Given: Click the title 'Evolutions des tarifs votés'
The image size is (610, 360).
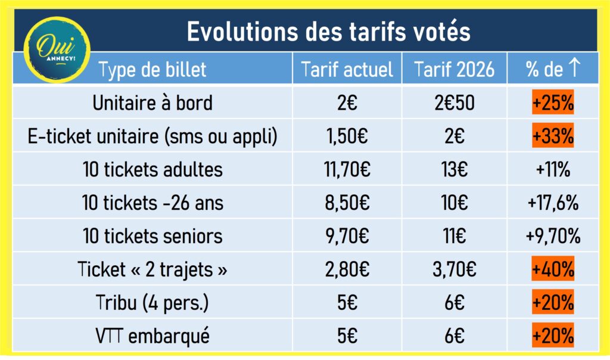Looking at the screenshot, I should pos(328,32).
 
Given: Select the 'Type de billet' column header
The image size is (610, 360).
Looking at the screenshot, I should pos(152,70).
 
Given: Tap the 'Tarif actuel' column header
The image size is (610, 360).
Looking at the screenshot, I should pos(347,70).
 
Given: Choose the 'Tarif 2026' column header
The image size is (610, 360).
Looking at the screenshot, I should pos(455,70).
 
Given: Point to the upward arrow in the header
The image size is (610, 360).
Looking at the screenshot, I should pos(574,69).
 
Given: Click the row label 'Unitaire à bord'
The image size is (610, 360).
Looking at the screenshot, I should pos(152,103).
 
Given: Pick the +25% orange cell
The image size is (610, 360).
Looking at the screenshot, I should pos(553,103).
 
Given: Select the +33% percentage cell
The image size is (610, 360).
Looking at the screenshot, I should pos(553,136).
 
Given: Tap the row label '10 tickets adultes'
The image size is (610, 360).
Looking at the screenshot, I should pos(152,170).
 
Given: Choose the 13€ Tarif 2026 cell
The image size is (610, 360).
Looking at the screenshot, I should pos(455,170).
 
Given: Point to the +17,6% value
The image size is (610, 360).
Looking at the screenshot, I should pos(553,203).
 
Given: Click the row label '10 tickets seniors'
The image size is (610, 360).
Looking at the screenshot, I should pos(152,236).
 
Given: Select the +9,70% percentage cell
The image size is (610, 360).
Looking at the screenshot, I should pos(553,236).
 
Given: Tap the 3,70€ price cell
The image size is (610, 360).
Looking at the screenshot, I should pos(455,269).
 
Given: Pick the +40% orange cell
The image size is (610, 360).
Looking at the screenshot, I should pos(553,269).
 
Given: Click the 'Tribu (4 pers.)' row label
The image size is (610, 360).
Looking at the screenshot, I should pos(152,303).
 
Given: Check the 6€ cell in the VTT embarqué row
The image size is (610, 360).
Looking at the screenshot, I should pos(455,336).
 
